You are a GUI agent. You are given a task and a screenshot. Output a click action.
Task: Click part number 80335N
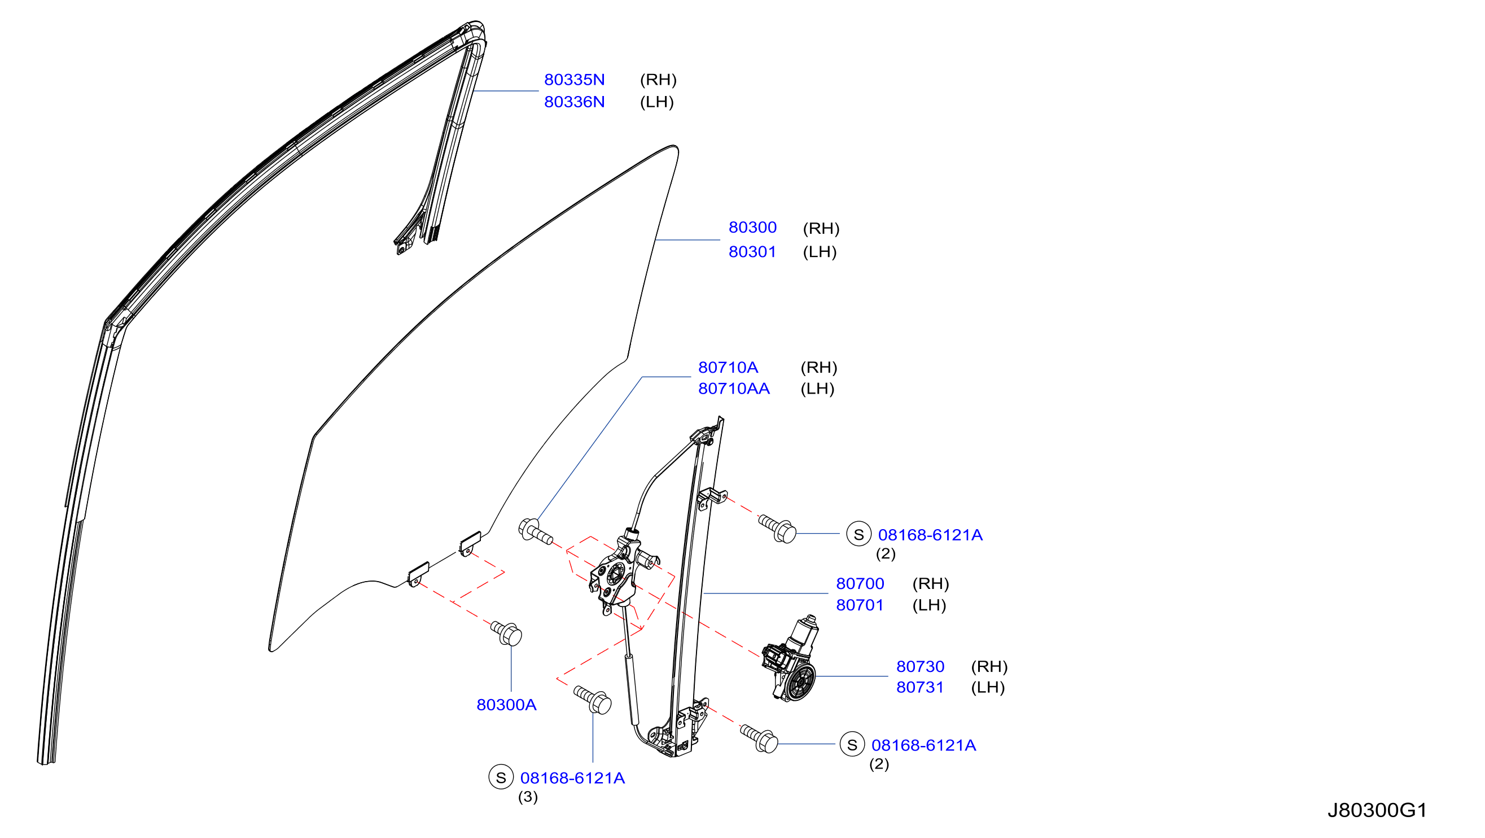point(574,80)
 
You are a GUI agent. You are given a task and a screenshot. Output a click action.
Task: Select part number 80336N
point(574,102)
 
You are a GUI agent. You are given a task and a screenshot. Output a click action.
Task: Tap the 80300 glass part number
point(752,227)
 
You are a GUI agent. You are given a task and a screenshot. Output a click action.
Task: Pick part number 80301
point(752,252)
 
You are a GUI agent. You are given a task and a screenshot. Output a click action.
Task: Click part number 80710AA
point(734,389)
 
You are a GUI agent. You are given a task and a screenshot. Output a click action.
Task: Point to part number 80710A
point(728,368)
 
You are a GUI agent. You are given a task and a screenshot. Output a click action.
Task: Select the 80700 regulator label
point(860,584)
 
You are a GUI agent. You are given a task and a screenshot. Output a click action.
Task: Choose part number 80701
point(860,605)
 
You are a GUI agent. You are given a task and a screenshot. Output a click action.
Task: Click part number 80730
point(920,667)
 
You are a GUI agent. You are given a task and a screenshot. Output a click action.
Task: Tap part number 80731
point(920,687)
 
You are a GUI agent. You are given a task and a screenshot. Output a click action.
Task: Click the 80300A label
point(506,705)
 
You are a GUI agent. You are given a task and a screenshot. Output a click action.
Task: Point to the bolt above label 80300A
point(507,632)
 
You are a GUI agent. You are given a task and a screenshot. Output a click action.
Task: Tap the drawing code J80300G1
point(1377,810)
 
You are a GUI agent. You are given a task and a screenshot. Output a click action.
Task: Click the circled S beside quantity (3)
point(501,778)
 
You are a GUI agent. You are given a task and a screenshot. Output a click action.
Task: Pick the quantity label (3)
point(528,797)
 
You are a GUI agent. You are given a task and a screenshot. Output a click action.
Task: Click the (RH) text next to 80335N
point(658,80)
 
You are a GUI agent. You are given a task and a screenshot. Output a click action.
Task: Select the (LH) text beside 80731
point(988,687)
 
